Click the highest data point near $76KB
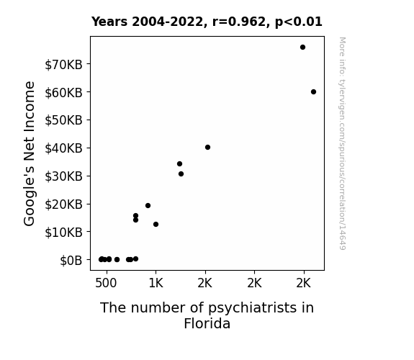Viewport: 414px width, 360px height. [x=302, y=48]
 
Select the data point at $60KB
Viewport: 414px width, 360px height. [x=313, y=92]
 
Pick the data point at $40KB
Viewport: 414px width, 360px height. [x=208, y=148]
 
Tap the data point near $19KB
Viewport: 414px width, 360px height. [x=148, y=205]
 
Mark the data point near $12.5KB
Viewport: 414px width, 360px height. [x=156, y=224]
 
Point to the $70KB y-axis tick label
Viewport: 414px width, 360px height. [x=63, y=65]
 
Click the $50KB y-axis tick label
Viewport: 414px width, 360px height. [x=63, y=120]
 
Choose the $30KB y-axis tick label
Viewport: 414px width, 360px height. [x=63, y=176]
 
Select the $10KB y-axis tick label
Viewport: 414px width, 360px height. [x=63, y=233]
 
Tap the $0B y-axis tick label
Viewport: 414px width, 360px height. [x=71, y=261]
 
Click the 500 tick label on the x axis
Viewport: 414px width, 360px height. [x=106, y=283]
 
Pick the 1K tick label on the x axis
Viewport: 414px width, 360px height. [x=156, y=283]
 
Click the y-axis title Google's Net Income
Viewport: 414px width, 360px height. [x=29, y=153]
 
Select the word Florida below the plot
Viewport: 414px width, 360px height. [x=207, y=323]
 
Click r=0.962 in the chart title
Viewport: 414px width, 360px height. [x=239, y=22]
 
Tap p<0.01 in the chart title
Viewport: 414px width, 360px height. [x=299, y=22]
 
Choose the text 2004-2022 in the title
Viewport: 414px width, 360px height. [x=167, y=22]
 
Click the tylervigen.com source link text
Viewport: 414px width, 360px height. [x=343, y=143]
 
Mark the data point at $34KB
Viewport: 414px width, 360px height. [x=179, y=163]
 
